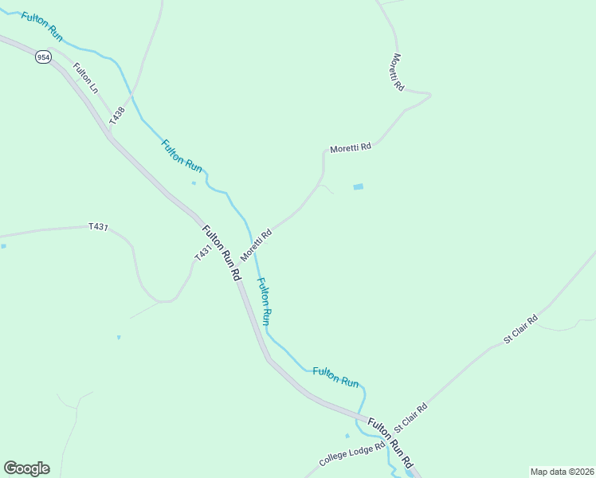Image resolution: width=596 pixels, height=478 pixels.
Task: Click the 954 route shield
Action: [x=42, y=57]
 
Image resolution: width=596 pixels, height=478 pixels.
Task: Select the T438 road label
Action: [x=118, y=114]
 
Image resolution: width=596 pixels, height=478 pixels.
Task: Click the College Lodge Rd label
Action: [x=351, y=454]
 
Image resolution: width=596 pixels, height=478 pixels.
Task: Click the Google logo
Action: [x=26, y=468]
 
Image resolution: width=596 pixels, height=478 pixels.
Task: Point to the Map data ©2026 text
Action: [x=561, y=471]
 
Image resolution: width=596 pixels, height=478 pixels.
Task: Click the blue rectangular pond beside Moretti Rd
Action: [x=358, y=187]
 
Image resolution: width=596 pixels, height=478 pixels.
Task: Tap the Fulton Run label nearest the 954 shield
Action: [x=42, y=26]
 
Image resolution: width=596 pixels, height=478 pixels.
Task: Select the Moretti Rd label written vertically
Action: [x=398, y=72]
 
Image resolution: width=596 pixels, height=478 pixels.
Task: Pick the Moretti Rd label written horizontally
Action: [x=351, y=148]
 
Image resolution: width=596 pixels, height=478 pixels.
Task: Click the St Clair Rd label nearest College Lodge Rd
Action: [x=410, y=418]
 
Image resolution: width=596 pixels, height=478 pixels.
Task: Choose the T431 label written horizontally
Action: [x=98, y=227]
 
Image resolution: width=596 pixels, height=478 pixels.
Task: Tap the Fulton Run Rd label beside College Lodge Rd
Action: [x=391, y=443]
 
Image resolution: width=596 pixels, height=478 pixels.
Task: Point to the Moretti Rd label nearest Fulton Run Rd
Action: [x=257, y=244]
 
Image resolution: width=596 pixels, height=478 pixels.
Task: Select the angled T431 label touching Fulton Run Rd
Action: [x=203, y=252]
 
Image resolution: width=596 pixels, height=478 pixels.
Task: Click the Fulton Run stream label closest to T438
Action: [x=182, y=155]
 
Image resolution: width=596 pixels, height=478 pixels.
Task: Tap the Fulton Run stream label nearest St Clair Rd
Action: [x=335, y=377]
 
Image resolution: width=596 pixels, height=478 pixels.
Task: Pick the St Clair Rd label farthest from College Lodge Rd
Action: [x=521, y=329]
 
